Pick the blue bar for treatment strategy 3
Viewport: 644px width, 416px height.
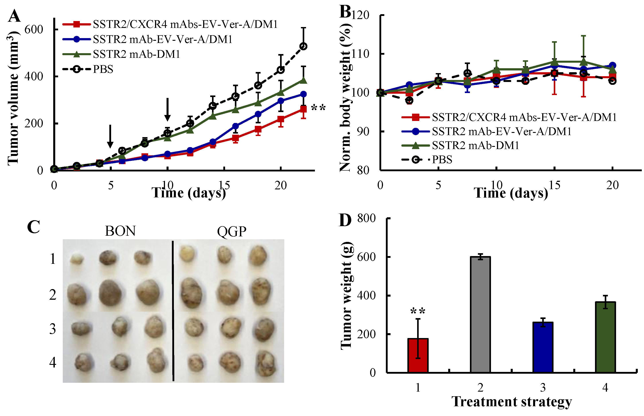pyautogui.click(x=543, y=347)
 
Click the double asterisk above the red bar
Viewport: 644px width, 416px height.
pyautogui.click(x=418, y=311)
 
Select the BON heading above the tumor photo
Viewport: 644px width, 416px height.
pyautogui.click(x=120, y=231)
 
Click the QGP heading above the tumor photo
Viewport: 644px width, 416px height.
pyautogui.click(x=232, y=231)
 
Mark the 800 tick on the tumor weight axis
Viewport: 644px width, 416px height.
pyautogui.click(x=366, y=218)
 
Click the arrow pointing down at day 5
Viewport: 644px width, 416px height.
pyautogui.click(x=110, y=136)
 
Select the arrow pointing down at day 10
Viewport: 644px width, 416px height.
pyautogui.click(x=167, y=109)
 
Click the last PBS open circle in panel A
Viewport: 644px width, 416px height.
pyautogui.click(x=304, y=46)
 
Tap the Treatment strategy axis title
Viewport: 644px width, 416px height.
pyautogui.click(x=512, y=402)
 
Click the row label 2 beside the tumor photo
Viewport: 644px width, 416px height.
pyautogui.click(x=53, y=295)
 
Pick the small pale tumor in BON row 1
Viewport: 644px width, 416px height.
pyautogui.click(x=77, y=259)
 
